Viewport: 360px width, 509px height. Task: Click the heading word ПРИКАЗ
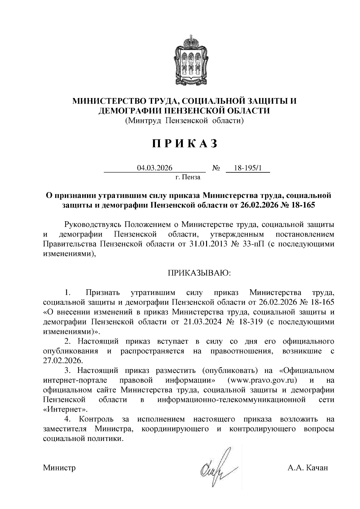[184, 144]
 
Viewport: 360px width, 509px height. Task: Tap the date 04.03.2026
[154, 168]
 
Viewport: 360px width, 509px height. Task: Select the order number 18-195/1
[248, 168]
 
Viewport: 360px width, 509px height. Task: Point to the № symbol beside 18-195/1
[216, 168]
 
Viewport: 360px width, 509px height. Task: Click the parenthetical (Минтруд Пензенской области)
[184, 121]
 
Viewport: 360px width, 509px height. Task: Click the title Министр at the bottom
[59, 468]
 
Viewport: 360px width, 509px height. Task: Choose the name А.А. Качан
[307, 468]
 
